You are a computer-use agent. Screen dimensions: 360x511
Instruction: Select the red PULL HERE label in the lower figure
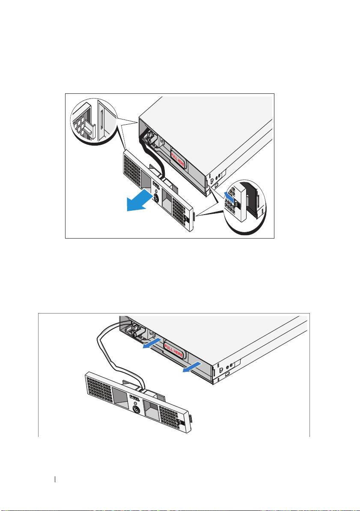174,350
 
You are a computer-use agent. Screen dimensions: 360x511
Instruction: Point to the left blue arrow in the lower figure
152,343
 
